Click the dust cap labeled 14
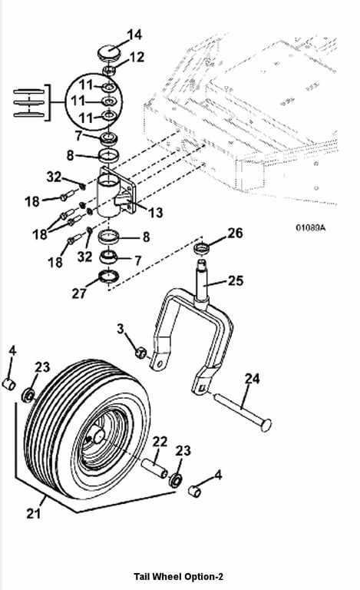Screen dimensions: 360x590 click(x=108, y=51)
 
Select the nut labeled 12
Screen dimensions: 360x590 click(x=109, y=70)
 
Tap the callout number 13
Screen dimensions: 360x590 click(x=156, y=213)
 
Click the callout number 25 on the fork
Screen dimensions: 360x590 click(x=236, y=280)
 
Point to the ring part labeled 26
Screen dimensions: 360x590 click(x=201, y=248)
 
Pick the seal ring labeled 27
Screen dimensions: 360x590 click(x=108, y=277)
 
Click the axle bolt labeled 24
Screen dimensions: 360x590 click(x=243, y=412)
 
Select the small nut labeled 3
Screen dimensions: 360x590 click(x=140, y=353)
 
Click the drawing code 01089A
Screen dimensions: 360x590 click(x=311, y=228)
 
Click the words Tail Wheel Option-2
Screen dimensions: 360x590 click(x=179, y=576)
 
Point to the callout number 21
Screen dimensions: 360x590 click(x=34, y=513)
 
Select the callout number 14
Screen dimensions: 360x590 click(x=134, y=35)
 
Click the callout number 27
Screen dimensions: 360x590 click(x=79, y=293)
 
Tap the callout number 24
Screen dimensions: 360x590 click(x=252, y=378)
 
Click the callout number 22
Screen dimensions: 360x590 click(x=160, y=441)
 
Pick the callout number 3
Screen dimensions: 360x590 click(x=120, y=329)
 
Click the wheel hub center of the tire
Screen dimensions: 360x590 click(x=99, y=436)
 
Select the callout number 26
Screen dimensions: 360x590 click(x=235, y=233)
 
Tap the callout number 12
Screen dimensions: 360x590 click(x=137, y=57)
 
